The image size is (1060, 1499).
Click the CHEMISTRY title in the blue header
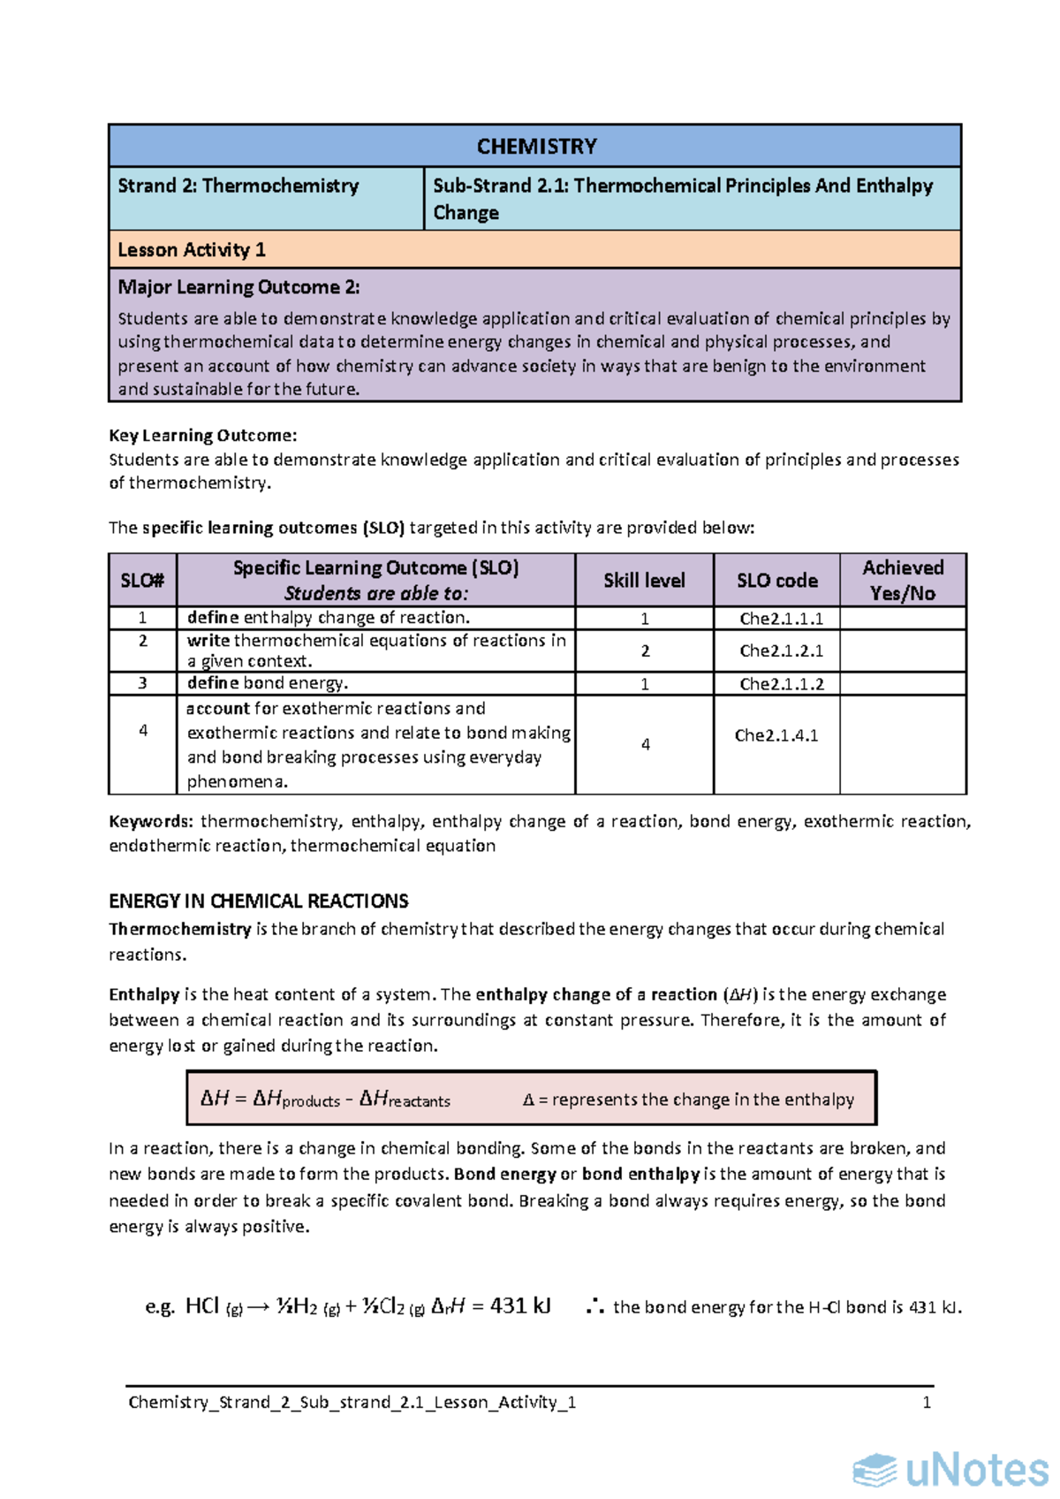(x=536, y=147)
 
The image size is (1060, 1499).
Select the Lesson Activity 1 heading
(x=192, y=250)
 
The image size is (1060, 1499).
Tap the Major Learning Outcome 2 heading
(x=238, y=287)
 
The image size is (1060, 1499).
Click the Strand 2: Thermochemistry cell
(x=238, y=186)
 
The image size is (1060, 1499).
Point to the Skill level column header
(x=644, y=581)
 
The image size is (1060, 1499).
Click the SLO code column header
(x=777, y=581)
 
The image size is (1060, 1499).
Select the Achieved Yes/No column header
(x=903, y=581)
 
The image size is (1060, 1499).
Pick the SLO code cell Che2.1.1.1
(x=781, y=619)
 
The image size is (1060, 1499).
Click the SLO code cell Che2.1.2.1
(x=781, y=651)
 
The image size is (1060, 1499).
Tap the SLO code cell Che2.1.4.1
(x=776, y=735)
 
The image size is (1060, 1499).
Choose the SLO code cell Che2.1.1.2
(x=781, y=684)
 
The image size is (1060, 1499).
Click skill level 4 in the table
(x=645, y=745)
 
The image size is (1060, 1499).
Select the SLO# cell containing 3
(x=143, y=683)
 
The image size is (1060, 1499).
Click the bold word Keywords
(x=149, y=822)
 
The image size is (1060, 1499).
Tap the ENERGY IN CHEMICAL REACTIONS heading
(x=258, y=902)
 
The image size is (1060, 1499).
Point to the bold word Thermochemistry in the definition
(x=179, y=929)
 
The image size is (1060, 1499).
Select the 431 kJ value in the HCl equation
(x=520, y=1306)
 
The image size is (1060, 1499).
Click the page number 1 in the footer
(x=927, y=1403)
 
